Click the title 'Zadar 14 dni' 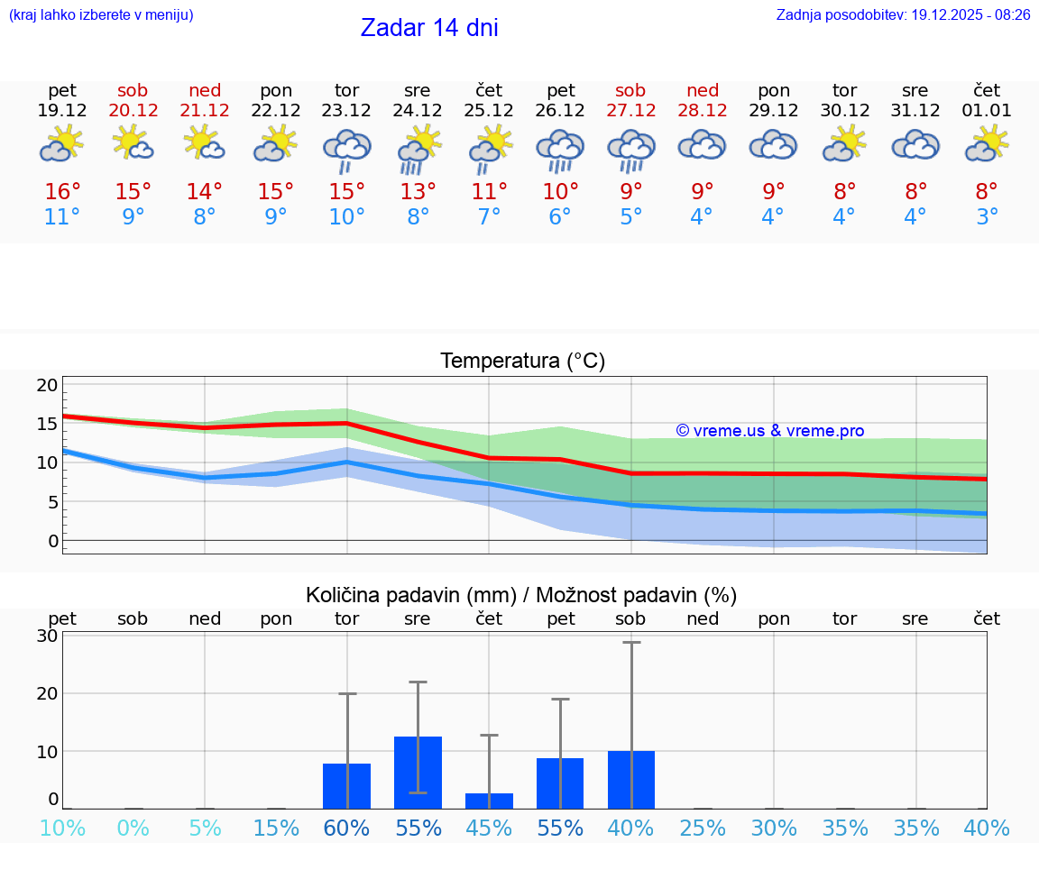[429, 28]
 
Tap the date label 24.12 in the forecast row [418, 110]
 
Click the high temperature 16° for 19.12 [62, 191]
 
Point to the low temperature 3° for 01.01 [987, 216]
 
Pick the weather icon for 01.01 [987, 145]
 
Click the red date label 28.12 [702, 110]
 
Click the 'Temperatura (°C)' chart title [522, 362]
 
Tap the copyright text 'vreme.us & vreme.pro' [770, 431]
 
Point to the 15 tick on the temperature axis [48, 424]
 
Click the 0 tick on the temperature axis [53, 541]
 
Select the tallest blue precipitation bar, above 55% [418, 772]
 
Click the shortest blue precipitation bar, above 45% [489, 801]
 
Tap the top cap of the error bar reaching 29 [631, 642]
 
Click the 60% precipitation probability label [346, 829]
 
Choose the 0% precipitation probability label [133, 829]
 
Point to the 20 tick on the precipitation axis [48, 693]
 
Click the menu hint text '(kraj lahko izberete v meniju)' [101, 14]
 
